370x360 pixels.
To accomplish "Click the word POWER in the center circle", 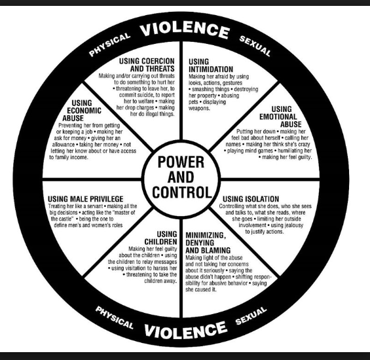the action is [x=181, y=162].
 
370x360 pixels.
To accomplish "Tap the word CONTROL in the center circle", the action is [x=182, y=192].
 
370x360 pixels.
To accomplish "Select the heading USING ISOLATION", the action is [x=251, y=199].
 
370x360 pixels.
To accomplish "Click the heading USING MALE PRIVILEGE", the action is [x=85, y=199].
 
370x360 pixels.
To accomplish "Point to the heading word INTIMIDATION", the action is [x=211, y=69].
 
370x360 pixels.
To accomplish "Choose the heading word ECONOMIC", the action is [x=84, y=111].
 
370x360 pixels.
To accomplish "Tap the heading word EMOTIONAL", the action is [x=278, y=117].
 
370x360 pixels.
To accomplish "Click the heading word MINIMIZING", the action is [x=206, y=236].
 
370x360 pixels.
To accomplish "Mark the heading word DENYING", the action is [x=200, y=243].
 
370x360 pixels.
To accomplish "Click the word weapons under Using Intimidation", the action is [x=199, y=108].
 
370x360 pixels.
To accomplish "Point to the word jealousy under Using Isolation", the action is [x=294, y=225].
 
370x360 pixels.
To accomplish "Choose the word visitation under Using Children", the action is [x=132, y=268].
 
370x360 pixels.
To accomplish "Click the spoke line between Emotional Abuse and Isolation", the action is [x=270, y=179].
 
